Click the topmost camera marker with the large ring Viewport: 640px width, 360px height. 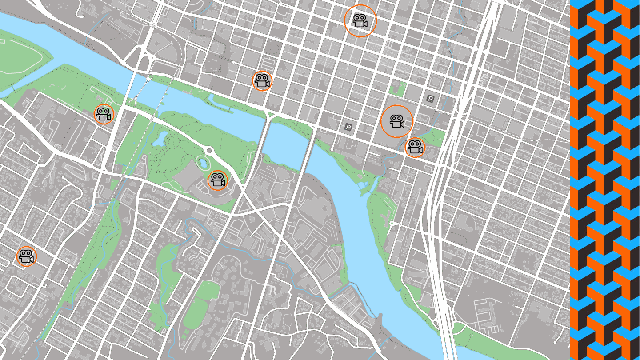(360, 20)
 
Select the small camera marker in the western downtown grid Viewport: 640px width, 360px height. (262, 81)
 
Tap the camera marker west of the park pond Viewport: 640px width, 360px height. (103, 114)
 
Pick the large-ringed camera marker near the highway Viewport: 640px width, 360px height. (397, 122)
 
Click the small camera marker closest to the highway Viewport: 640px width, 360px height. (415, 147)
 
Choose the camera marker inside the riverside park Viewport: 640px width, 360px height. (217, 181)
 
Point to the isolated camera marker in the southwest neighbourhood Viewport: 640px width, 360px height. (26, 257)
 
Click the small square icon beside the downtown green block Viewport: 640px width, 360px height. (431, 99)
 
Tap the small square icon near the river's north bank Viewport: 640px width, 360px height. (348, 127)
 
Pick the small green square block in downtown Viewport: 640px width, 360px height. (411, 89)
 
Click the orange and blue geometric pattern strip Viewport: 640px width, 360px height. (604, 180)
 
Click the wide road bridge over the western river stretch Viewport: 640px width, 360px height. (140, 85)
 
